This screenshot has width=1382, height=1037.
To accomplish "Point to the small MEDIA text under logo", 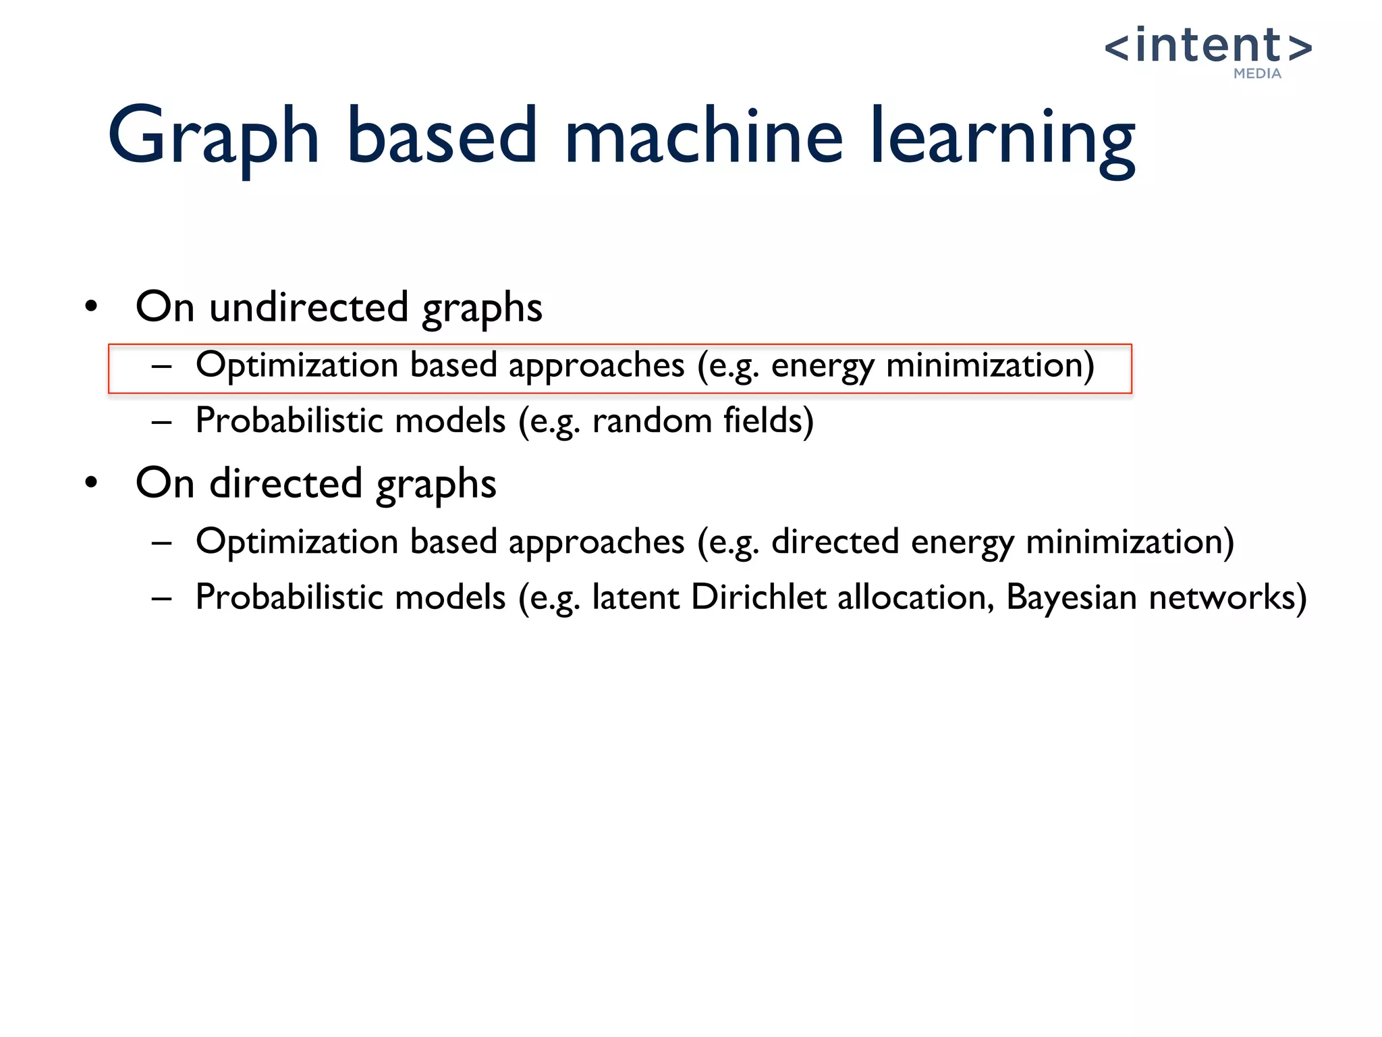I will [1257, 74].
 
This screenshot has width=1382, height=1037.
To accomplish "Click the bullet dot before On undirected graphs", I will [92, 307].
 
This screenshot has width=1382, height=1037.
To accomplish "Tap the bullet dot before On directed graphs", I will [92, 483].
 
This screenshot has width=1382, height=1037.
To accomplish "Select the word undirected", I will [308, 307].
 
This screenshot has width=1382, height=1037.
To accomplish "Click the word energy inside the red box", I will [822, 366].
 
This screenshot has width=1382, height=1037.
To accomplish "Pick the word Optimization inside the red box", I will [297, 365].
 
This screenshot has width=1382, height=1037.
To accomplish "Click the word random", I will [652, 421].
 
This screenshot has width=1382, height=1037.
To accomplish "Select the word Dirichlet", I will [758, 597].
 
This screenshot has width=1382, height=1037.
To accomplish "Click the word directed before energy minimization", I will [835, 541].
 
